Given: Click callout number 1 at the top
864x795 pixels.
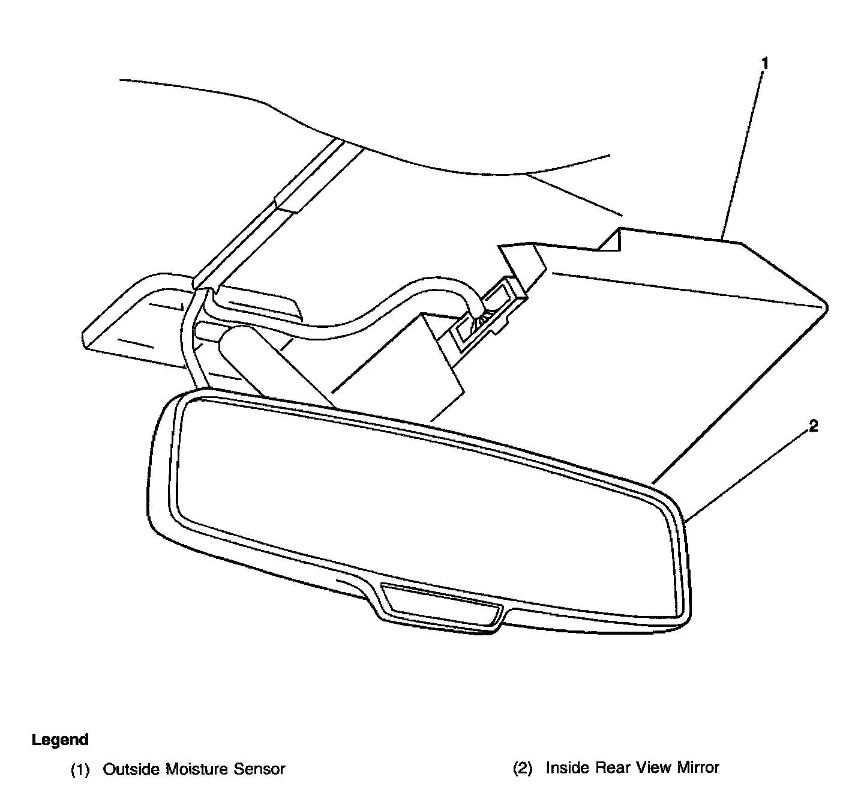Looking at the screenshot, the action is click(x=764, y=62).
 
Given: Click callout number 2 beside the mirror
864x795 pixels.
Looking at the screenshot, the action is click(x=813, y=427).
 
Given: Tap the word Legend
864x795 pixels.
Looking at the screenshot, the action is click(x=60, y=740).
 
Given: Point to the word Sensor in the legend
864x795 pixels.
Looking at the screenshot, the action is click(x=262, y=769).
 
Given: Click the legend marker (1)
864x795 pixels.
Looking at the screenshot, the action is click(x=80, y=769).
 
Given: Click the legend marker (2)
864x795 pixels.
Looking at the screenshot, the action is click(x=522, y=768).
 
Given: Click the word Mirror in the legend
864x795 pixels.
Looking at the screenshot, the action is click(x=698, y=767).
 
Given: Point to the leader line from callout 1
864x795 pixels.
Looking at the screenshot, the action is click(x=744, y=150).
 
